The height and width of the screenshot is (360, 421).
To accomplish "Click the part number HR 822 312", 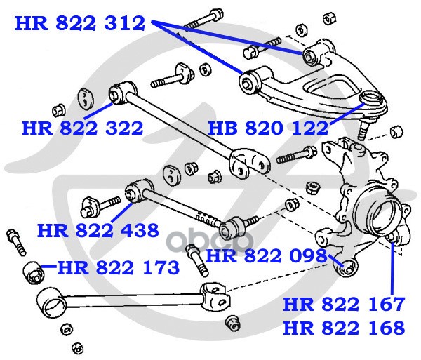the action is tap(80, 23).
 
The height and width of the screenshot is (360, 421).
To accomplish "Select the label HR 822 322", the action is tap(82, 128).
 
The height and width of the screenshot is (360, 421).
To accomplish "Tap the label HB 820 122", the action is tap(268, 128).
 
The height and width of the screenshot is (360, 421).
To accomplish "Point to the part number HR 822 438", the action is tap(98, 231).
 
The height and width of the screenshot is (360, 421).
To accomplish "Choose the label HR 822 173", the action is tap(119, 267).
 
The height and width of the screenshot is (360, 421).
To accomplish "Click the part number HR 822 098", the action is tap(267, 255).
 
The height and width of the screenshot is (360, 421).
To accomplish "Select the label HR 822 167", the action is tap(344, 304).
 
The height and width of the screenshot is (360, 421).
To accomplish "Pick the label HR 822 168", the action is tap(344, 328).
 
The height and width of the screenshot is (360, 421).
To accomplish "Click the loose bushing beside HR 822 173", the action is tap(34, 272).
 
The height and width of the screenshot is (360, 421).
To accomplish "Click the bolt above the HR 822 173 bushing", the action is tap(16, 242).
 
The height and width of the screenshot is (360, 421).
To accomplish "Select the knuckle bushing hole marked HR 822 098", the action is tap(347, 269).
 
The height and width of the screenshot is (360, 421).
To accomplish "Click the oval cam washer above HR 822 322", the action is tap(86, 99).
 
